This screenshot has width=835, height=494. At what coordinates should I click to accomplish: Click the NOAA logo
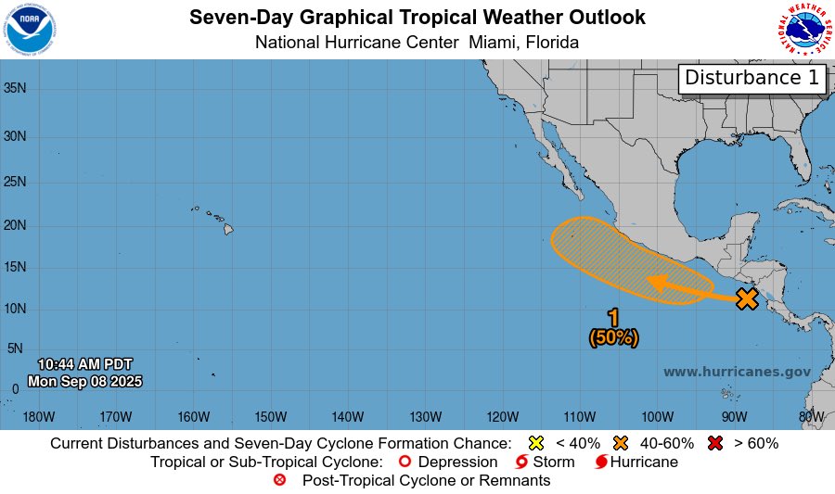[30, 29]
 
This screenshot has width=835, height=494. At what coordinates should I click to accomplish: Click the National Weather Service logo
[803, 30]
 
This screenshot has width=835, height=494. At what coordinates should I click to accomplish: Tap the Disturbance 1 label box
[752, 79]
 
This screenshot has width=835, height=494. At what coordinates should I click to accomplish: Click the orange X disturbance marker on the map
[747, 298]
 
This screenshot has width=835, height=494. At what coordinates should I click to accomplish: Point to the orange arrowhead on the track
[657, 283]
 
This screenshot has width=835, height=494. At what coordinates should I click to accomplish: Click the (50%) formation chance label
[613, 338]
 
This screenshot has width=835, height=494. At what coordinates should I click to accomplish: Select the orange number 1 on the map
[613, 318]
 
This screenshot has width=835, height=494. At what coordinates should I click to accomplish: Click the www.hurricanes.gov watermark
[737, 372]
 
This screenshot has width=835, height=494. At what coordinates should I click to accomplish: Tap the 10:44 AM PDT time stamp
[85, 364]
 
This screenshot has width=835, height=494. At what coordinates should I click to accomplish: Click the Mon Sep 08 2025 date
[85, 381]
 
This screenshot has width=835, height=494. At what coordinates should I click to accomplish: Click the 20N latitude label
[17, 225]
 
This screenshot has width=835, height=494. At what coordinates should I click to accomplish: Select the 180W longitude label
[38, 416]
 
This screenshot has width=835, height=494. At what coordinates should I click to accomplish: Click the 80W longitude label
[811, 416]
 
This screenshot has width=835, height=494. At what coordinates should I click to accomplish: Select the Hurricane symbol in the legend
[600, 462]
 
